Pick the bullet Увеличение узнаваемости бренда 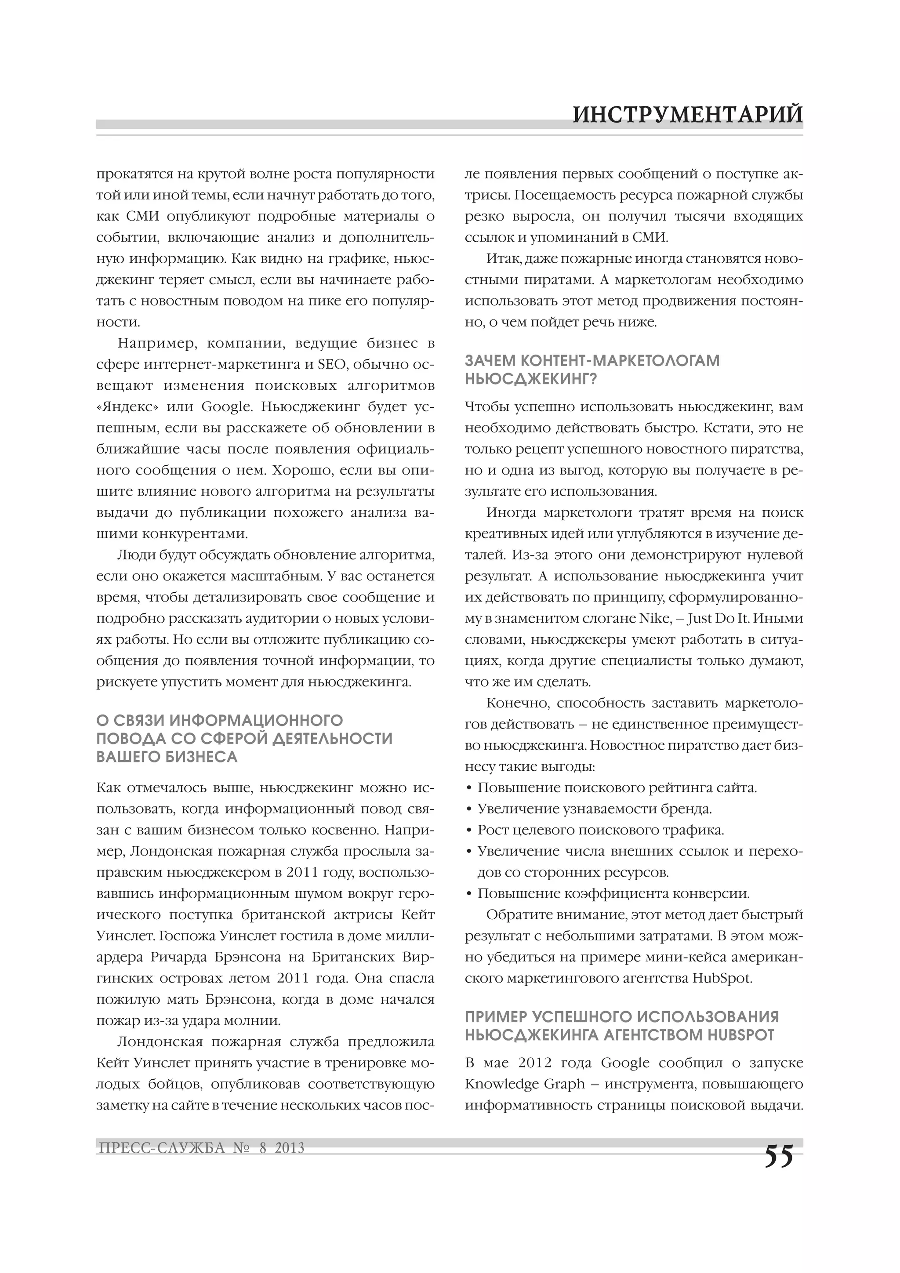(594, 809)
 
